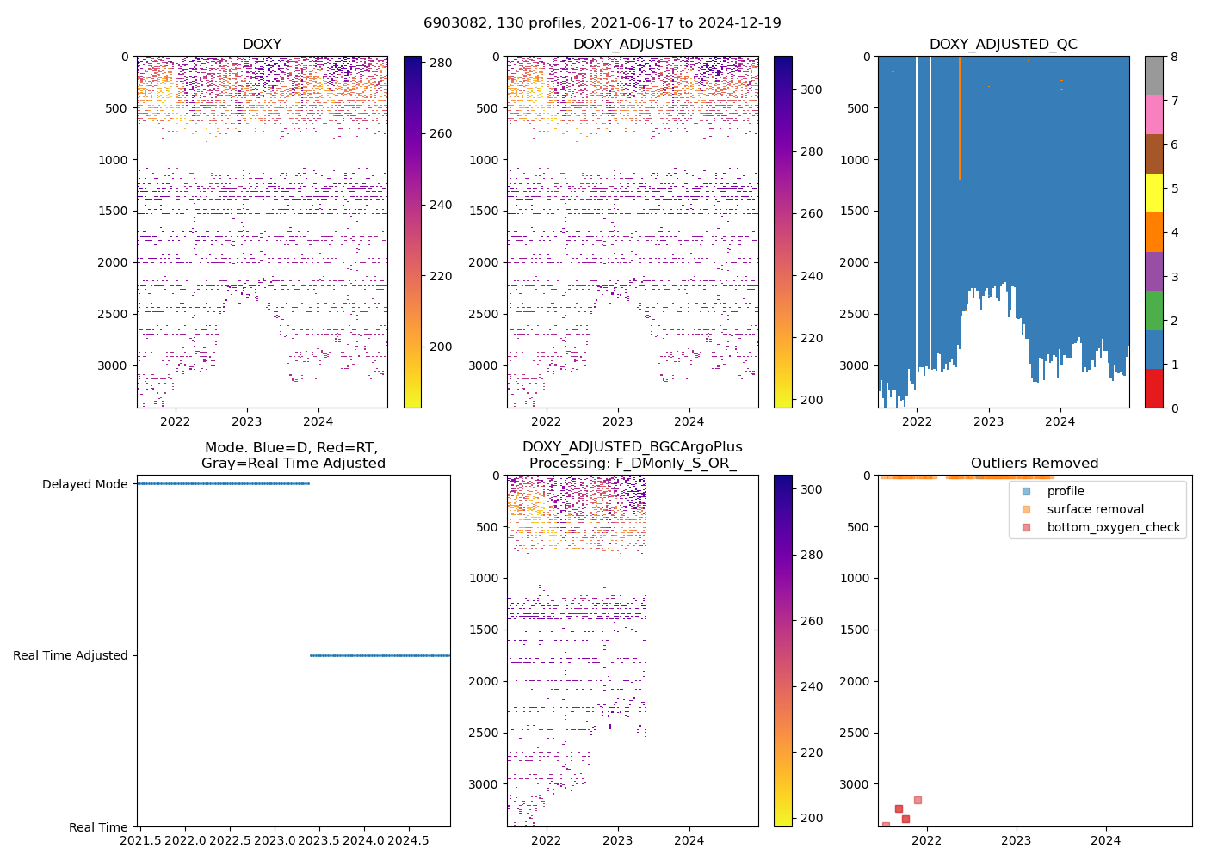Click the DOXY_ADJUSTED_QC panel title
pyautogui.click(x=1003, y=45)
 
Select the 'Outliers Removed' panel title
pyautogui.click(x=1035, y=464)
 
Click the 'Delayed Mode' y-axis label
pyautogui.click(x=84, y=484)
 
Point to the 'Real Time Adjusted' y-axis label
pyautogui.click(x=70, y=655)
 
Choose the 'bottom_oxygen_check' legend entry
pyautogui.click(x=1113, y=527)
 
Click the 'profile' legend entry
pyautogui.click(x=1066, y=491)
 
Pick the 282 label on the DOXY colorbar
pyautogui.click(x=441, y=62)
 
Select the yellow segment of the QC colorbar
pyautogui.click(x=1153, y=193)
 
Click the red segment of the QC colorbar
pyautogui.click(x=1153, y=389)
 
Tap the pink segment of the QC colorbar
pyautogui.click(x=1153, y=114)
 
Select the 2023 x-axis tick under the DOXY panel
pyautogui.click(x=247, y=421)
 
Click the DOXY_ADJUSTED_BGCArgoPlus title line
pyautogui.click(x=632, y=447)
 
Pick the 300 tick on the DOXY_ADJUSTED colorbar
pyautogui.click(x=812, y=89)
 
